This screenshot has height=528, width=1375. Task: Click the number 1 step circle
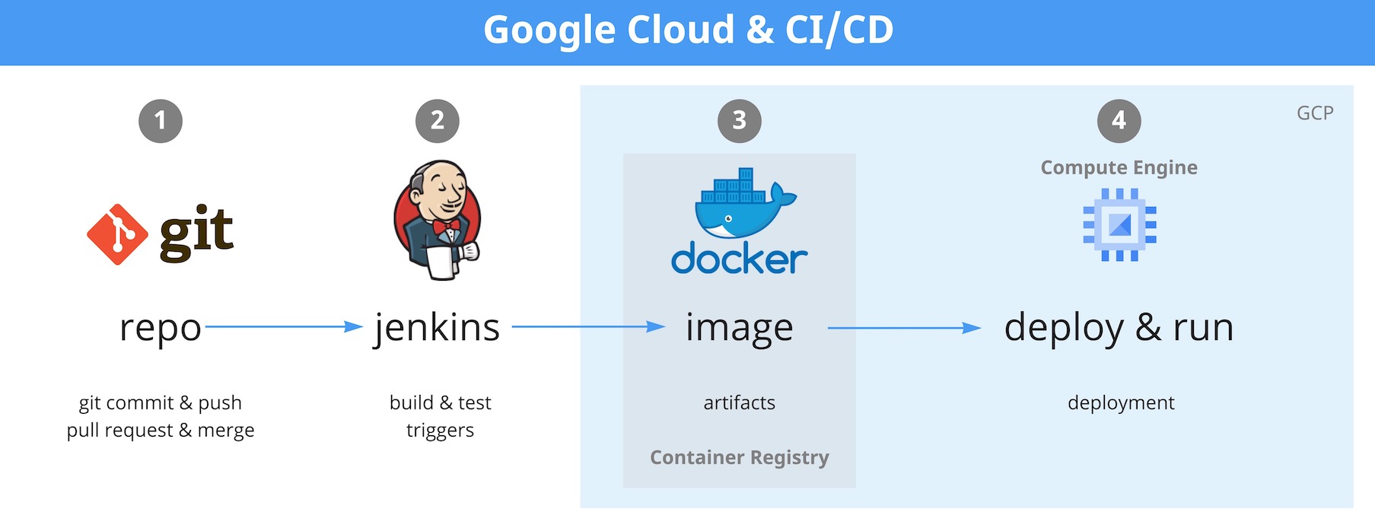(x=161, y=121)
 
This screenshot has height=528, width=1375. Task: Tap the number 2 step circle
(x=438, y=121)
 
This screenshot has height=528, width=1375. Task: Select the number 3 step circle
(x=740, y=121)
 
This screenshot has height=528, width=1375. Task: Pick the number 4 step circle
(x=1119, y=121)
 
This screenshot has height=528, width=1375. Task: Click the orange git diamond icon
(x=117, y=234)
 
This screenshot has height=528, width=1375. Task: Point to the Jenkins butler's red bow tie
(x=446, y=227)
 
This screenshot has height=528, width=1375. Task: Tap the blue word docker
(x=740, y=259)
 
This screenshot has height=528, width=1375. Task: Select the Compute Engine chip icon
(x=1119, y=225)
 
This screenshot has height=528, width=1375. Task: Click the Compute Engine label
(x=1119, y=167)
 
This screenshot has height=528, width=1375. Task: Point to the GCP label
(x=1315, y=113)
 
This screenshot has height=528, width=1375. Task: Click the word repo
(x=161, y=328)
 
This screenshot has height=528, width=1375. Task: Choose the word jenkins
(x=438, y=328)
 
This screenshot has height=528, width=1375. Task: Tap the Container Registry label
(x=740, y=457)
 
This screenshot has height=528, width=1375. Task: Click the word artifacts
(x=740, y=402)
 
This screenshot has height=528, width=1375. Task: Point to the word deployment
(x=1121, y=402)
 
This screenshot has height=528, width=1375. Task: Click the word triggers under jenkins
(x=440, y=431)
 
